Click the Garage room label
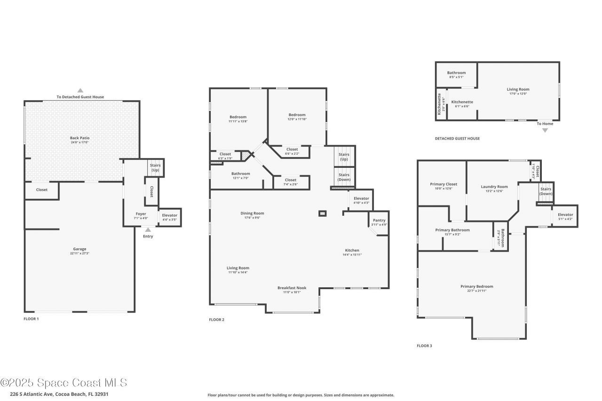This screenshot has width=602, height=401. [x=79, y=249]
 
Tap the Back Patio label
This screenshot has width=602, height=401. [x=80, y=138]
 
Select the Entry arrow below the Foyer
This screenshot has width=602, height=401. [x=148, y=230]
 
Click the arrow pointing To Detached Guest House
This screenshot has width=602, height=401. [x=80, y=90]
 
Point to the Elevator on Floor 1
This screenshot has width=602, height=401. [x=169, y=217]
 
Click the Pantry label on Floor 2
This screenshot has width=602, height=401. [x=379, y=220]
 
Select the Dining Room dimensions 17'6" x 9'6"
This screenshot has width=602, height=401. [x=252, y=218]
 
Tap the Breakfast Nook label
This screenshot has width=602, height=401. [x=292, y=288]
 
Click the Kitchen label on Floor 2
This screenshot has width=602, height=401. [x=352, y=250]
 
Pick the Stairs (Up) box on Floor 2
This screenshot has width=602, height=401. [x=344, y=157]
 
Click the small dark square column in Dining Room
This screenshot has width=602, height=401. [x=322, y=213]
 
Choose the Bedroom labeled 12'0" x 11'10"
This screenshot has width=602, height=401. [x=297, y=115]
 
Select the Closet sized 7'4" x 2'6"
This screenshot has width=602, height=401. [x=291, y=182]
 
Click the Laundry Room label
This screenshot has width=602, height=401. [x=494, y=187]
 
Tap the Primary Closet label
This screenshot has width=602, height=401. [x=444, y=184]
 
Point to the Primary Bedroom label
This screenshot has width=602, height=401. [x=477, y=286]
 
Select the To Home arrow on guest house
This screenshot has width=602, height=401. [x=545, y=130]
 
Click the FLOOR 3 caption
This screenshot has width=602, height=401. [x=424, y=346]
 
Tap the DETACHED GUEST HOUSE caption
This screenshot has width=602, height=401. [x=457, y=138]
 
